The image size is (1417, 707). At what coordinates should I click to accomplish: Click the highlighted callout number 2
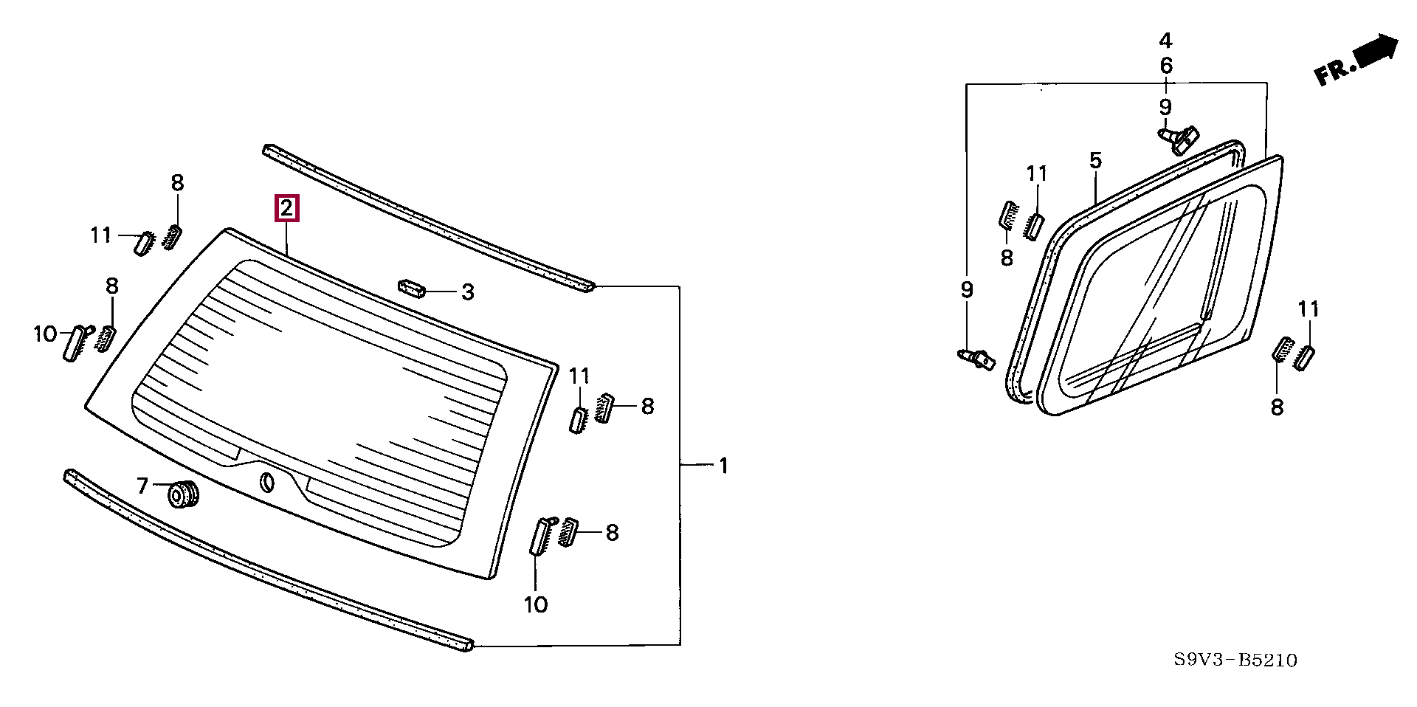286,208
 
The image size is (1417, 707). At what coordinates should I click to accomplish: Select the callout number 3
467,292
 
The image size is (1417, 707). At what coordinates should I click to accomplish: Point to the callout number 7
142,485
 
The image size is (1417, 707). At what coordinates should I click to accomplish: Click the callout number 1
724,466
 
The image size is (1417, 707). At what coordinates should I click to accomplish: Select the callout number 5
1095,160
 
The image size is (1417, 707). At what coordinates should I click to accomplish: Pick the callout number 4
1165,41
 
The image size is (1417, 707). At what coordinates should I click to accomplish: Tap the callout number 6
1165,66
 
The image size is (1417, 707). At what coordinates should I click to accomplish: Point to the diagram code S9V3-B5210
1235,660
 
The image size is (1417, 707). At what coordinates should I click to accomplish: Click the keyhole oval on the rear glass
266,483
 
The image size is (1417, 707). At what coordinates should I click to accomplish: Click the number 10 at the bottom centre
536,604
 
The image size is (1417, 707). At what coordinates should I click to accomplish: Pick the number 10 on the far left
45,334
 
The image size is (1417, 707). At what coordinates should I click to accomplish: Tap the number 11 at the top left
101,235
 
